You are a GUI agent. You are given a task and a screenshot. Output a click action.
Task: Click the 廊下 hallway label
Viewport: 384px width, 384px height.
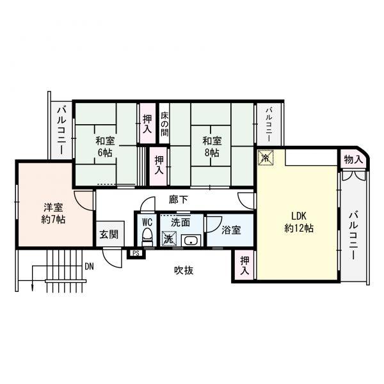click(x=179, y=200)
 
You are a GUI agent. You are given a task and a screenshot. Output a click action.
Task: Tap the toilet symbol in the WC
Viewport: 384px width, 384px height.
click(x=147, y=237)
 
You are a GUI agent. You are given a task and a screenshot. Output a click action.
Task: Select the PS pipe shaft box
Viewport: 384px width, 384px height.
click(x=136, y=253)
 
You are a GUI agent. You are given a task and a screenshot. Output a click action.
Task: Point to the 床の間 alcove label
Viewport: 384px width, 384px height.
click(x=164, y=124)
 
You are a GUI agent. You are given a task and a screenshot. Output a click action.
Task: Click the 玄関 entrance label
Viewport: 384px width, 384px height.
click(x=109, y=234)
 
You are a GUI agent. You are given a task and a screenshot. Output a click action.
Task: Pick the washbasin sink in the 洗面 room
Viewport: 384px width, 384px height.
click(x=191, y=241)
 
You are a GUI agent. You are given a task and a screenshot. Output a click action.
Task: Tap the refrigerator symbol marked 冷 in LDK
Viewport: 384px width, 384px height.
click(x=265, y=157)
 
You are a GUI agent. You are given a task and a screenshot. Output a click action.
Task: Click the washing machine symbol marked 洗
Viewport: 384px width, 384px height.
click(x=169, y=238)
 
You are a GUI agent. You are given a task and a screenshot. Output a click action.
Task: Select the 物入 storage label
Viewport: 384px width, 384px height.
click(x=353, y=159)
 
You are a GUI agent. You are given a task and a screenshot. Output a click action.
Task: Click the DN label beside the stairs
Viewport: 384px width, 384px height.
click(x=89, y=266)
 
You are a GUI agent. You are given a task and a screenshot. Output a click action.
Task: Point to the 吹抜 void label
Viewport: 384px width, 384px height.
click(x=184, y=270)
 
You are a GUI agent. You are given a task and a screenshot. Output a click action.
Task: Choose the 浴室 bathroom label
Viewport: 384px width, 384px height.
click(x=231, y=230)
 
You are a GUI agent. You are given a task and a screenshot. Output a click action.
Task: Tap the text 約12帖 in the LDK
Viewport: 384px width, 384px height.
click(x=299, y=228)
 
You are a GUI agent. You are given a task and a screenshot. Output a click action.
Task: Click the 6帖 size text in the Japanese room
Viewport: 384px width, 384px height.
click(x=105, y=153)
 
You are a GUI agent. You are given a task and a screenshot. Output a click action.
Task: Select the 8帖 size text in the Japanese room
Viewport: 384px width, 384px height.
click(x=212, y=153)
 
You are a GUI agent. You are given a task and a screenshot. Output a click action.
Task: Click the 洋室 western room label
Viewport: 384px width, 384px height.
click(x=53, y=207)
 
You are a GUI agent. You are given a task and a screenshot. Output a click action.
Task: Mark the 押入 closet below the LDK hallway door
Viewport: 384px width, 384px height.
click(x=244, y=265)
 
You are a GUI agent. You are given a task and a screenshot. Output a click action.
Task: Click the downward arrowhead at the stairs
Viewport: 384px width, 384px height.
click(x=32, y=288)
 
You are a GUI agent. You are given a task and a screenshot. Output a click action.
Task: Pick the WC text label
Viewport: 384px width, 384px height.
click(x=147, y=222)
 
